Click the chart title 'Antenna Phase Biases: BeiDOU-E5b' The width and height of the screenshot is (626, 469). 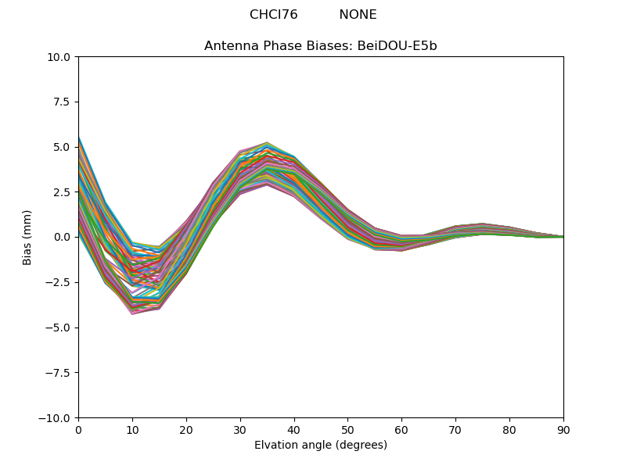pyautogui.click(x=320, y=46)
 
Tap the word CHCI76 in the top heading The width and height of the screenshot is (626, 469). pyautogui.click(x=273, y=15)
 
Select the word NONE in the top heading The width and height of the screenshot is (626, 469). pyautogui.click(x=358, y=15)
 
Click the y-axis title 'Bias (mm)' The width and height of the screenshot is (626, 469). pyautogui.click(x=27, y=237)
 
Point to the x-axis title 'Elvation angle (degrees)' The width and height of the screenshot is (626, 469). pyautogui.click(x=320, y=445)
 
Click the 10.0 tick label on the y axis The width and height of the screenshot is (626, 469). pyautogui.click(x=60, y=57)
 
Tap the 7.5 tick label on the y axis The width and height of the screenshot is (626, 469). pyautogui.click(x=63, y=102)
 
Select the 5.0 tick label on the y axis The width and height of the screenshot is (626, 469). pyautogui.click(x=63, y=147)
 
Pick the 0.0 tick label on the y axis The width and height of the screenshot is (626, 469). pyautogui.click(x=63, y=237)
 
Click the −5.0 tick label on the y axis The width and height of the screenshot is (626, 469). pyautogui.click(x=59, y=328)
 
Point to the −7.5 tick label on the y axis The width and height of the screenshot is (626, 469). pyautogui.click(x=59, y=373)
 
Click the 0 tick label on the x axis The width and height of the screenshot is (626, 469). pyautogui.click(x=78, y=429)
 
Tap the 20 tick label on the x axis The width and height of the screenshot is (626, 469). pyautogui.click(x=186, y=429)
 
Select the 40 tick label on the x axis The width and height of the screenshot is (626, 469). pyautogui.click(x=294, y=429)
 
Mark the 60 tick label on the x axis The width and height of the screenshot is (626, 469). pyautogui.click(x=401, y=429)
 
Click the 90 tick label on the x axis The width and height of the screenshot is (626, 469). pyautogui.click(x=563, y=429)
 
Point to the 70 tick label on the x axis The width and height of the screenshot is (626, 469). pyautogui.click(x=455, y=429)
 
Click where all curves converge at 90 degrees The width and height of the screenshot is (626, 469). pyautogui.click(x=563, y=237)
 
